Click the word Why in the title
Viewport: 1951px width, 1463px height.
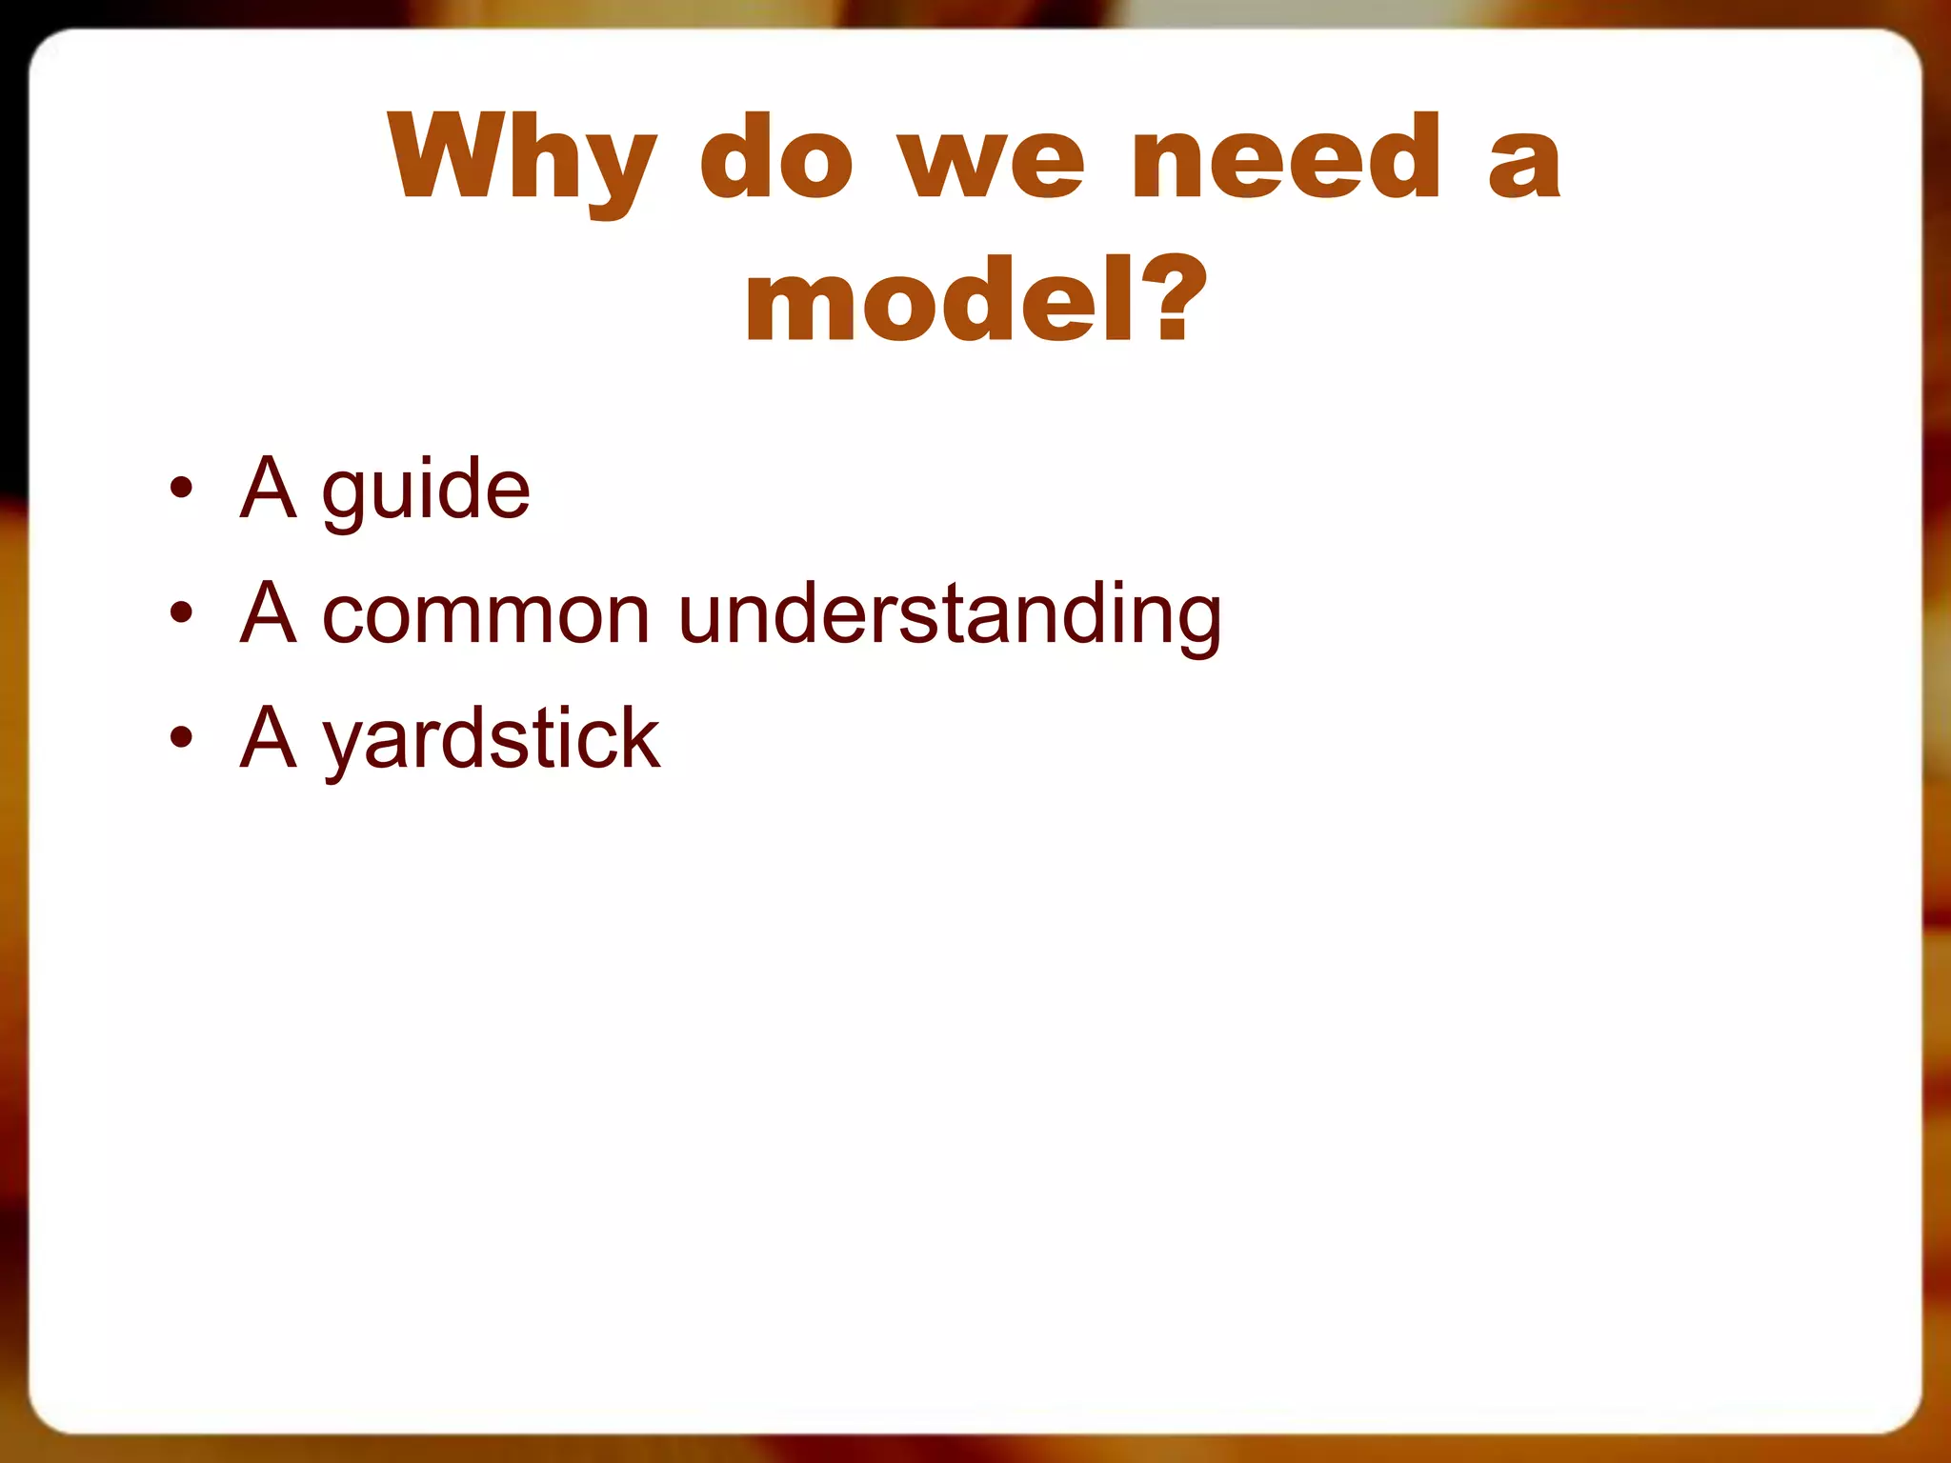click(x=522, y=159)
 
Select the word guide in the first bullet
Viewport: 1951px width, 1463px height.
click(x=426, y=491)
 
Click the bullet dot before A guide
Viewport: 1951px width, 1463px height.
click(x=181, y=489)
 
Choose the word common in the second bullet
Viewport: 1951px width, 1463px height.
click(x=486, y=614)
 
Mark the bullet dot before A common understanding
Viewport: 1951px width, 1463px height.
click(x=181, y=613)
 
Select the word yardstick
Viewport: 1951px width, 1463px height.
click(x=491, y=741)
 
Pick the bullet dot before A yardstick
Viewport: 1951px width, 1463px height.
click(x=181, y=737)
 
